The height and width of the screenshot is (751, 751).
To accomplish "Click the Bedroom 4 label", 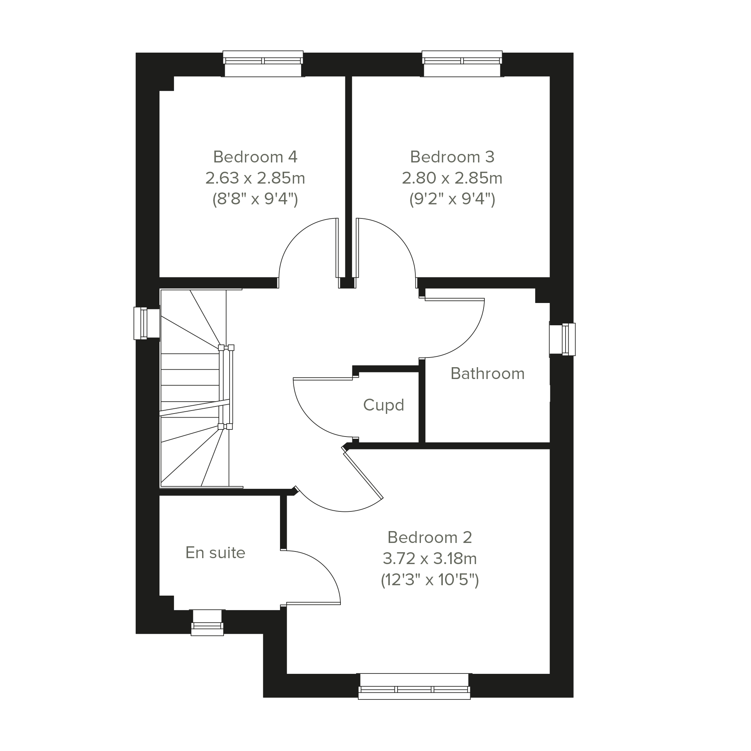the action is [x=255, y=157].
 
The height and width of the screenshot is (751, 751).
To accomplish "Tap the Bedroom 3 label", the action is [x=452, y=157].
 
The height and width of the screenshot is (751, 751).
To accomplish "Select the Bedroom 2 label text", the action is [x=429, y=538].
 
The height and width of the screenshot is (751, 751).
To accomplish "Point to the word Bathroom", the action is [x=487, y=373].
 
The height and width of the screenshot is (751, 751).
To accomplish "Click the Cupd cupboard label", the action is [x=384, y=405].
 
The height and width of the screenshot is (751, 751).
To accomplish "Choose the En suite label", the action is [x=215, y=553].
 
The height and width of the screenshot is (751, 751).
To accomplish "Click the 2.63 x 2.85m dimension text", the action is [x=255, y=178].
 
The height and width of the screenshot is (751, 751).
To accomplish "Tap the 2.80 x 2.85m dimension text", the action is [x=452, y=178].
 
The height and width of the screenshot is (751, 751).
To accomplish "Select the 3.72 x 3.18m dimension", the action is [x=429, y=559].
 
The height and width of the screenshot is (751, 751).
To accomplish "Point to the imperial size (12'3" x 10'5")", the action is [x=429, y=580].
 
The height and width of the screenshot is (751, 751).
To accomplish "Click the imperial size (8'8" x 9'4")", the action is [x=255, y=200].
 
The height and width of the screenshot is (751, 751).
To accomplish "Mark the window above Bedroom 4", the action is [x=263, y=63].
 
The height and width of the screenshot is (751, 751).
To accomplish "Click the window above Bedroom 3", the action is [x=462, y=63].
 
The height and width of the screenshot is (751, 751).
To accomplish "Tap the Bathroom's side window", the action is [x=562, y=339].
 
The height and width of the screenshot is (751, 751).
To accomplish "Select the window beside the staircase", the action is [x=146, y=323].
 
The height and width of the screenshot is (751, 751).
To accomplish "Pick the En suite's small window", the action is [x=207, y=623].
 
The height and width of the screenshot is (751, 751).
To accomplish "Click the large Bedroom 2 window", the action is [x=414, y=686].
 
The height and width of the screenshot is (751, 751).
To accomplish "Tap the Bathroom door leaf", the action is [x=455, y=300].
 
